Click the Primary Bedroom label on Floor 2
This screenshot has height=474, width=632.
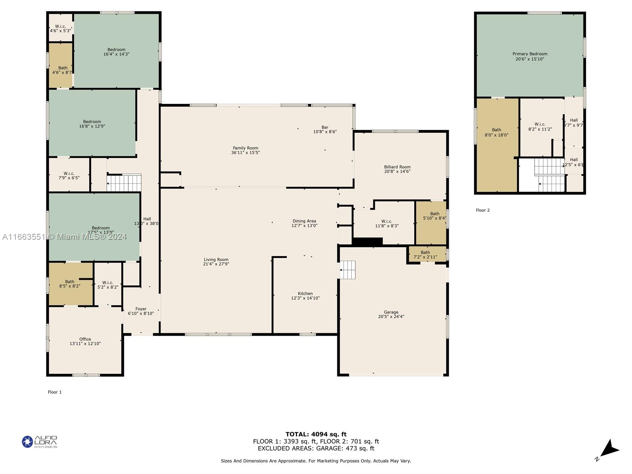click(530, 54)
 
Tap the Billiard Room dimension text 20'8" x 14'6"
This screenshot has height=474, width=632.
click(397, 171)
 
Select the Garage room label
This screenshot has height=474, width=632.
click(391, 312)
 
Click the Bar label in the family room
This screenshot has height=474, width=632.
click(325, 127)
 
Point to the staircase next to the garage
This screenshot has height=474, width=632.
click(348, 270)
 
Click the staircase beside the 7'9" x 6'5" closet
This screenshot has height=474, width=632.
click(124, 183)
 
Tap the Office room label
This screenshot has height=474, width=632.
click(85, 339)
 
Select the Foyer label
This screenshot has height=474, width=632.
click(141, 309)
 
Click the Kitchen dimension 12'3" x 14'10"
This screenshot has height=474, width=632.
click(305, 298)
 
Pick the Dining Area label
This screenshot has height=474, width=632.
click(304, 221)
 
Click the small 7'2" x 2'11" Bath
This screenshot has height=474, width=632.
click(425, 255)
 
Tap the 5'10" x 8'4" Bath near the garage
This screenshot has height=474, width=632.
click(434, 216)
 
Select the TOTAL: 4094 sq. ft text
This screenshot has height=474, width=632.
click(316, 434)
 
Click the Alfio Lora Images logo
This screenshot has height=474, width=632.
click(39, 442)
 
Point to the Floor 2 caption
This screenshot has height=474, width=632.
click(482, 210)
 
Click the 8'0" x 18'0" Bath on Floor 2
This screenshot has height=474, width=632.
click(497, 132)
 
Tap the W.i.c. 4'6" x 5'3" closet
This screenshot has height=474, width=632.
click(60, 28)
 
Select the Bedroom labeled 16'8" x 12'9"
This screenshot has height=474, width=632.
click(92, 124)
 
